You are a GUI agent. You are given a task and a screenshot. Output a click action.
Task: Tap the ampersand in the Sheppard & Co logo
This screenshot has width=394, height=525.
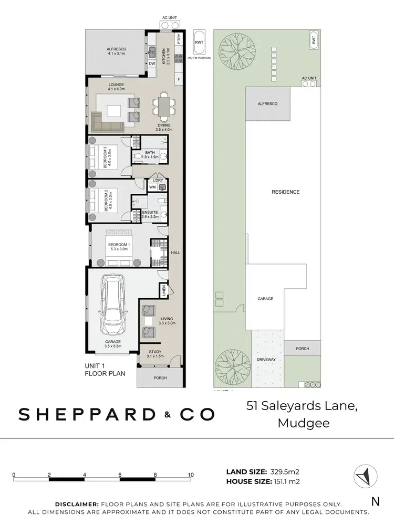[168, 415]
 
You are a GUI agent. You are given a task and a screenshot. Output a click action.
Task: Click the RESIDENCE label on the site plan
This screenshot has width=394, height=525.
[285, 192]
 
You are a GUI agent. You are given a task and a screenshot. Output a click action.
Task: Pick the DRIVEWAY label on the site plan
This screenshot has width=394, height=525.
[266, 360]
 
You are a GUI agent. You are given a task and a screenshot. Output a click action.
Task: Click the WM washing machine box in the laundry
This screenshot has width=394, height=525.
[152, 187]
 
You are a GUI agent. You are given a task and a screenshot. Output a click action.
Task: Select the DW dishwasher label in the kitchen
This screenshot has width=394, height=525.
[151, 64]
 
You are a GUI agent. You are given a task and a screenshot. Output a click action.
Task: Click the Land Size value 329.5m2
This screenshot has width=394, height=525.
[285, 471]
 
